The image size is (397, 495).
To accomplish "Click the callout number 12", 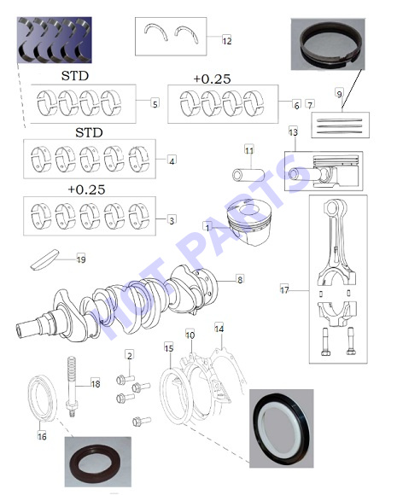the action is pyautogui.click(x=227, y=40).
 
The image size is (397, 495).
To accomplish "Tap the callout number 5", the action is pyautogui.click(x=155, y=103).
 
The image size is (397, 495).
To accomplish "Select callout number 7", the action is pyautogui.click(x=310, y=105).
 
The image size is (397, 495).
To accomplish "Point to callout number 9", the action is pyautogui.click(x=339, y=94).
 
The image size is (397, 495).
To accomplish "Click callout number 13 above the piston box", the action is pyautogui.click(x=293, y=131).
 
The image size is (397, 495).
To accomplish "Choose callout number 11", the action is pyautogui.click(x=249, y=150).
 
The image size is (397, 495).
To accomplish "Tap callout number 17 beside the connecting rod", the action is pyautogui.click(x=284, y=289).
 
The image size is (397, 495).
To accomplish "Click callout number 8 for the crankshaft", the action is pyautogui.click(x=240, y=279).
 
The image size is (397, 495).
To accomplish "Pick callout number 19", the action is pyautogui.click(x=81, y=259).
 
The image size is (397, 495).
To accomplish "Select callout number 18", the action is pyautogui.click(x=96, y=383).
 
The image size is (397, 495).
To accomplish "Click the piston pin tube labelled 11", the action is pyautogui.click(x=248, y=175).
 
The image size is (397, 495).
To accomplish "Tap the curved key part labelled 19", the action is pyautogui.click(x=45, y=259).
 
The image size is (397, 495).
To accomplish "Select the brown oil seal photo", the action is pyautogui.click(x=98, y=462).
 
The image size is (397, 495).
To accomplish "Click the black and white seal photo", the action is pyautogui.click(x=282, y=428).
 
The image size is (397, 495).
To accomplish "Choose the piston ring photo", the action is pyautogui.click(x=328, y=44).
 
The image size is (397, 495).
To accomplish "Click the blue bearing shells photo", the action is pyautogui.click(x=55, y=40).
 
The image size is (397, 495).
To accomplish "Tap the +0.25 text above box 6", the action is pyautogui.click(x=212, y=79).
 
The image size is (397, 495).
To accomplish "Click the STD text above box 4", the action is pyautogui.click(x=89, y=132).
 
